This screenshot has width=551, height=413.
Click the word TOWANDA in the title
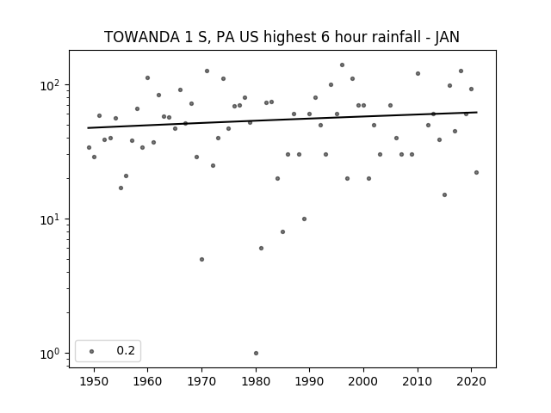141,37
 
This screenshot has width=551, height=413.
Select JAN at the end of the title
447,37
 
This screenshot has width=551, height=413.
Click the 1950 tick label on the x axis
94,381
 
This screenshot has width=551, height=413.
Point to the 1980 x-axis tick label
256,381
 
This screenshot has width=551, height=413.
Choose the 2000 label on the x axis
363,381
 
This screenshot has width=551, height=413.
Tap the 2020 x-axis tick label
471,381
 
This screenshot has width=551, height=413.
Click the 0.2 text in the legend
126,350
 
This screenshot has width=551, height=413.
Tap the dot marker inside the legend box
92,351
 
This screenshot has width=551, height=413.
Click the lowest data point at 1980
256,354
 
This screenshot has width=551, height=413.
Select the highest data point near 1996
342,65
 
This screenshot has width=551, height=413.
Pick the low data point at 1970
201,260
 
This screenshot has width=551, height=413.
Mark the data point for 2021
476,172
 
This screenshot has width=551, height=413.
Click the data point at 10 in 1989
304,219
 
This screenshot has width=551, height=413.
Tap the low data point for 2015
444,195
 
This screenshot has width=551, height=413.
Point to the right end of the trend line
477,113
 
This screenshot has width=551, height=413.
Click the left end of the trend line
88,128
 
